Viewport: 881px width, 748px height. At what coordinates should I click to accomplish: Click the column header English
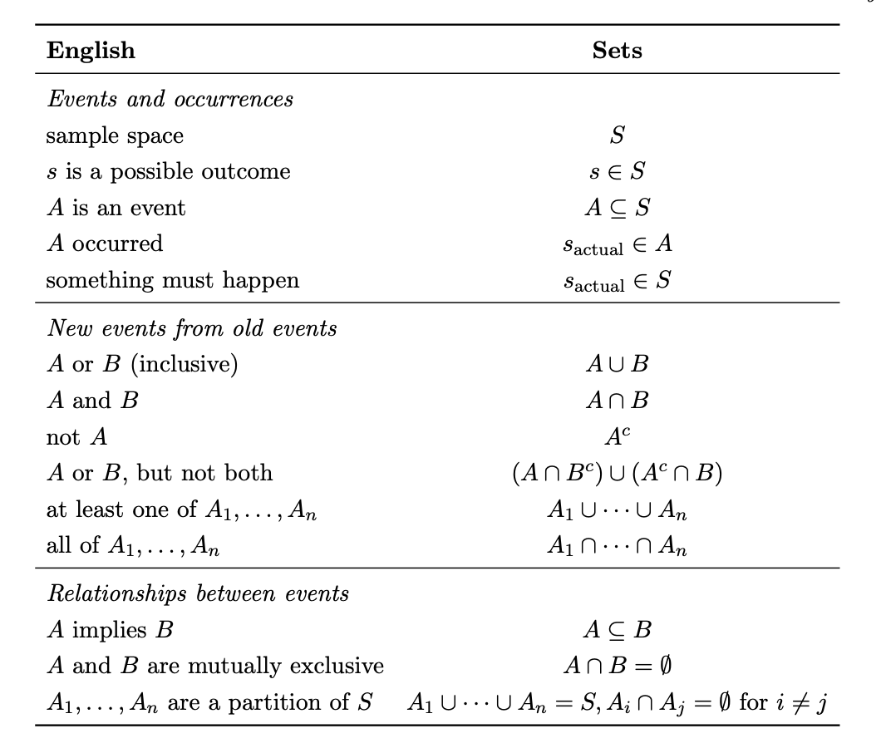(x=91, y=50)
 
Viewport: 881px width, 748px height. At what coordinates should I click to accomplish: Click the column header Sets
(x=617, y=50)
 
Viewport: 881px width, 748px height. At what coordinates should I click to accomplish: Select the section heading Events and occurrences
(x=170, y=99)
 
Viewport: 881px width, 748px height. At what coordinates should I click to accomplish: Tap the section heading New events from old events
(x=191, y=328)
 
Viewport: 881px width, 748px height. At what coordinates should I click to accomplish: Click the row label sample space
(x=115, y=135)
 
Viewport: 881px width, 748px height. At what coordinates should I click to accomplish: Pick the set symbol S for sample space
(x=617, y=135)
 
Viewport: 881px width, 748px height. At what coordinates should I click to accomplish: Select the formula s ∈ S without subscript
(x=617, y=172)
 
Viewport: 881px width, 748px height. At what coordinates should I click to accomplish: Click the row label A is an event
(x=116, y=208)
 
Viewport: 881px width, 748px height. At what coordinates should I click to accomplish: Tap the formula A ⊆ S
(x=617, y=208)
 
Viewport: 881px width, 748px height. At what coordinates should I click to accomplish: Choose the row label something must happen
(x=172, y=280)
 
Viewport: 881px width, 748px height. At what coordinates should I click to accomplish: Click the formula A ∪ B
(x=617, y=365)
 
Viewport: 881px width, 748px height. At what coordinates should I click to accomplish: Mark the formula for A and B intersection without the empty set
(x=617, y=401)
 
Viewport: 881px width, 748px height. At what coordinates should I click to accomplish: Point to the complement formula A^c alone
(x=617, y=436)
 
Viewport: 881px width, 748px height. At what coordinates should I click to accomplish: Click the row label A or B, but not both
(x=159, y=473)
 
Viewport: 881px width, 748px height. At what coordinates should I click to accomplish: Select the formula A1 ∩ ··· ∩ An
(x=617, y=546)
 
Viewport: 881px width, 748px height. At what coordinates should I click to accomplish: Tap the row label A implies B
(x=110, y=630)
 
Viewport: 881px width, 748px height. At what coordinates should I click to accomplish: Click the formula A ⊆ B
(x=617, y=630)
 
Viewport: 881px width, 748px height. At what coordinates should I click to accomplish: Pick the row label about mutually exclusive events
(x=214, y=666)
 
